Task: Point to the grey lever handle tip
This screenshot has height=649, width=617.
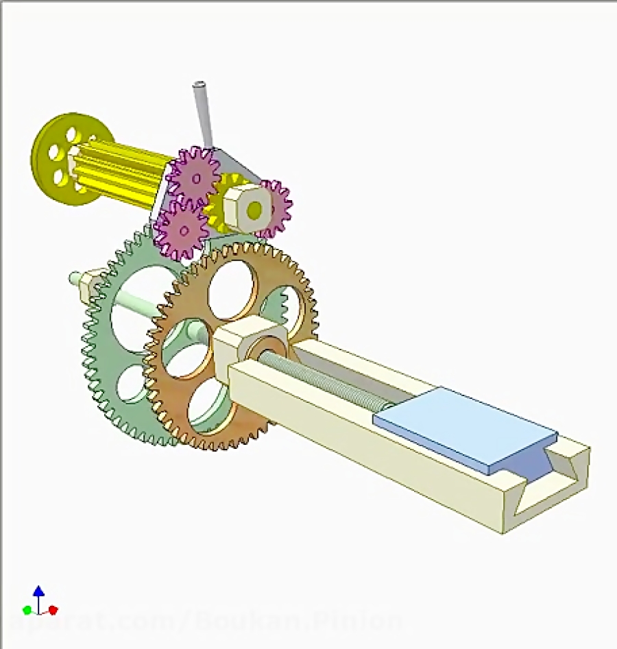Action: [199, 87]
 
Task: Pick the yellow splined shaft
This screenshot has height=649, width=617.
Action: [123, 171]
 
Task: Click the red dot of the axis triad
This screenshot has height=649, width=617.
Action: [53, 609]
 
